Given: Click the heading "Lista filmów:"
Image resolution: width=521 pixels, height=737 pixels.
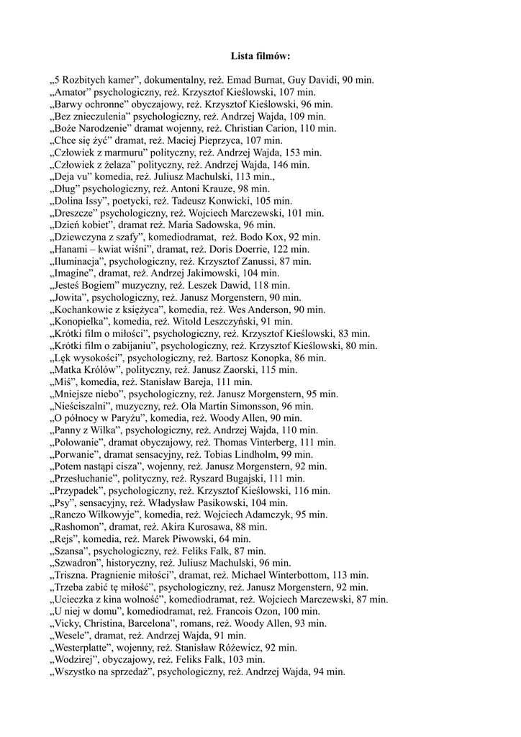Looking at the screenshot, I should coord(260,55).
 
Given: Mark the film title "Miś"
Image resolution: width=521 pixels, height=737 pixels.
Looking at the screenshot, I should coord(63,382).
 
